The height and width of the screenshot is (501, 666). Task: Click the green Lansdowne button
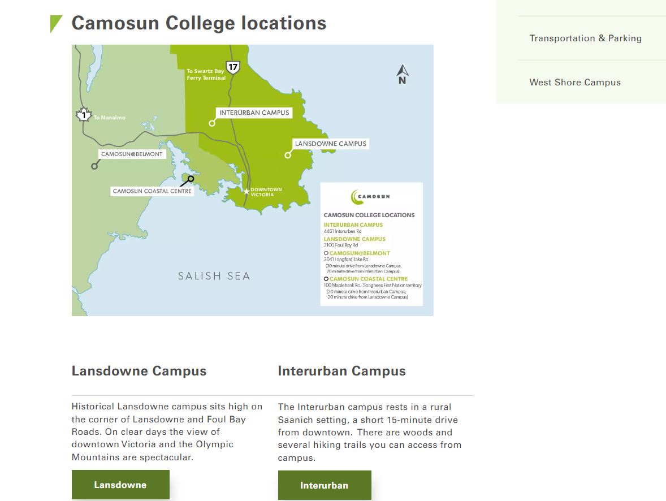(x=120, y=485)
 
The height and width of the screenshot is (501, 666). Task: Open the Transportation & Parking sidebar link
(x=585, y=38)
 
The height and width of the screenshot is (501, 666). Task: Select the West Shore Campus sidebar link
(x=575, y=83)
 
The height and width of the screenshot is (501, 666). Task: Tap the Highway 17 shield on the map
(x=232, y=68)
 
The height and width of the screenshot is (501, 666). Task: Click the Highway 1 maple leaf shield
(x=84, y=115)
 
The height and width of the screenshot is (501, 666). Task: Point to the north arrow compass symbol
(x=403, y=74)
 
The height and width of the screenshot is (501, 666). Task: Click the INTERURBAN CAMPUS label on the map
(x=254, y=113)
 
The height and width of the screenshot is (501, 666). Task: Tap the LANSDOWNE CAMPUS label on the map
(x=330, y=144)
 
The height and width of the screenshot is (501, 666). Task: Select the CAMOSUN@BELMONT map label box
(x=132, y=154)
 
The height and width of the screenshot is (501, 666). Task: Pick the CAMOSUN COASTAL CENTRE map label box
(x=152, y=191)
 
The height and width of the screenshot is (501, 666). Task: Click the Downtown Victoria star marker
(x=246, y=192)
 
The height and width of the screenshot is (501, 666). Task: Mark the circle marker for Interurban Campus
(x=212, y=123)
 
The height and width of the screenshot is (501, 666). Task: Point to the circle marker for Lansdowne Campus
(x=288, y=155)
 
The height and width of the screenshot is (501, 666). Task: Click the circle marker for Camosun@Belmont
(x=94, y=166)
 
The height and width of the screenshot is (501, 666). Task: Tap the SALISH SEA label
(x=214, y=276)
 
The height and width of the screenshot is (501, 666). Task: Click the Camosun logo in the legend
(x=370, y=197)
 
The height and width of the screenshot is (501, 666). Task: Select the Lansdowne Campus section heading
(x=139, y=371)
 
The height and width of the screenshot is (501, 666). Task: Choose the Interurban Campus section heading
(x=341, y=371)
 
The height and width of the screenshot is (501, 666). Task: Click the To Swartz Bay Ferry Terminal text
(x=206, y=75)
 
